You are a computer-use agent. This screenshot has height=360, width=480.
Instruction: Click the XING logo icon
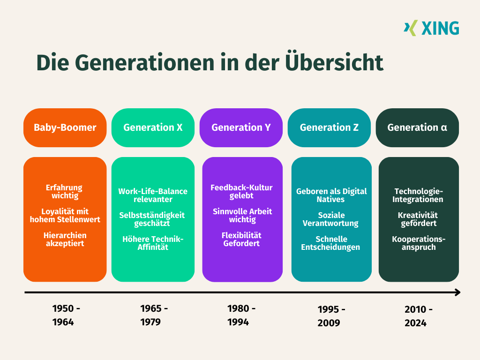(410, 28)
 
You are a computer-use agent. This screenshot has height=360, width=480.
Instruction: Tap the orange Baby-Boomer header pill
(65, 127)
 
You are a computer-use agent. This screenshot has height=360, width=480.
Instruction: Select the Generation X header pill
(153, 127)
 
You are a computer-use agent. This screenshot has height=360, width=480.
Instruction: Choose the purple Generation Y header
(241, 127)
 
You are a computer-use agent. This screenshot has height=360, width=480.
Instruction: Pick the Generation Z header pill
(329, 127)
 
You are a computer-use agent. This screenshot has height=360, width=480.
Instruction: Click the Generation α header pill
(417, 127)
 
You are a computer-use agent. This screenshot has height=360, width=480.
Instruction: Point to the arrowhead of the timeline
(457, 292)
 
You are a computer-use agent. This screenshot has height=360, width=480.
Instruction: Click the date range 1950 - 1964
(66, 315)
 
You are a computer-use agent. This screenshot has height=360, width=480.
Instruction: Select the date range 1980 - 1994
(241, 315)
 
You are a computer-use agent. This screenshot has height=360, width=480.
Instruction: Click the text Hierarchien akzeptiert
(65, 239)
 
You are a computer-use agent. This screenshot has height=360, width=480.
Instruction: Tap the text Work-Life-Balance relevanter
(153, 195)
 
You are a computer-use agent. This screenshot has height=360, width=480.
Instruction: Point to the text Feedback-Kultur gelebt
(241, 192)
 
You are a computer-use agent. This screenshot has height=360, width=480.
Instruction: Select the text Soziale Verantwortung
(331, 219)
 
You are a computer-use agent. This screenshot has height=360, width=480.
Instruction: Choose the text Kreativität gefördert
(419, 219)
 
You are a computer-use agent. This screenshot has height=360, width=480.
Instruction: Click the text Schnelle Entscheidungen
(331, 243)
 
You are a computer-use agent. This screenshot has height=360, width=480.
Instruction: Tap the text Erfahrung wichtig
(65, 192)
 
